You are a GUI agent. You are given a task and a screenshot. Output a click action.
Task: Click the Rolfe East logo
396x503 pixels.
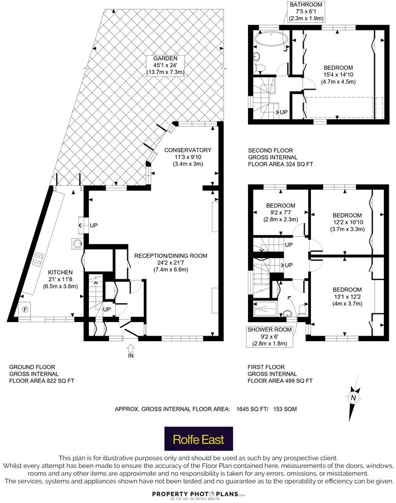(197, 440)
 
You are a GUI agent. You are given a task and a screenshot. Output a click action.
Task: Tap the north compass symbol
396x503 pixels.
(353, 398)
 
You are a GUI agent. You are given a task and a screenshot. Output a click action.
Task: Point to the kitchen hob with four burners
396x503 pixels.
(39, 258)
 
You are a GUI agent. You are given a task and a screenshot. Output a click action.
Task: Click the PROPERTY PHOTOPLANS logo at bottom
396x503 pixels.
(197, 494)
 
